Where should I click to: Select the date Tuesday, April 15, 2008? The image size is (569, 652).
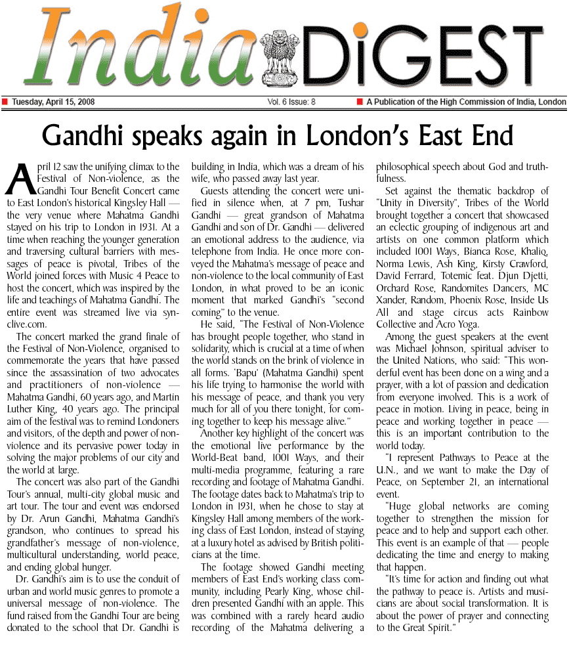[x=53, y=102]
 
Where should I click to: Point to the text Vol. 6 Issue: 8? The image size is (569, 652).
[x=291, y=102]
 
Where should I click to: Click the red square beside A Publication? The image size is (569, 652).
[x=359, y=102]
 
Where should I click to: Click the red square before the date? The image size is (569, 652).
[x=5, y=102]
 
